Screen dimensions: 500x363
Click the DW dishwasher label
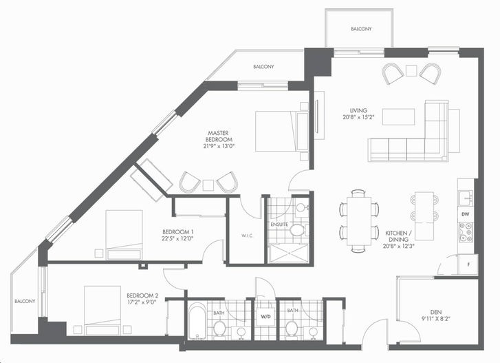coord(465,214)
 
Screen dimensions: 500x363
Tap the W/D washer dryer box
coord(265,317)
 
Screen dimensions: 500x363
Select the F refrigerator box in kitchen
coord(468,265)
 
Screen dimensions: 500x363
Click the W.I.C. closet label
coord(247,236)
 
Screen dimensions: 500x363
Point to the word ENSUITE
coord(279,225)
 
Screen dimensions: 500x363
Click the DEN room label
coord(435,312)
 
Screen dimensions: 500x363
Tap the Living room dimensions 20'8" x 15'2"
coord(358,117)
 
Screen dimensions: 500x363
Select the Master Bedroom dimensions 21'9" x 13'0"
coord(219,147)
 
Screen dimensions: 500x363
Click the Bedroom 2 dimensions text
coord(142,302)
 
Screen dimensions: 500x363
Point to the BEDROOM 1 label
coord(178,232)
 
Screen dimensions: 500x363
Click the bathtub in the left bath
coord(197,321)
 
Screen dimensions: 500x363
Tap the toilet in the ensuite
coord(298,229)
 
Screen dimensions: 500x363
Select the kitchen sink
coord(466,198)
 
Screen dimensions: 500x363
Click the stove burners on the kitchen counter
coord(466,232)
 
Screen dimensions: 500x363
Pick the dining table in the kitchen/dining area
coord(359,221)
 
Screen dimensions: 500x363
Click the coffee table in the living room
coord(399,116)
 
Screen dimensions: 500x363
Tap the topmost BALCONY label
coord(361,29)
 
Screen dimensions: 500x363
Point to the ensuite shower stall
coord(289,253)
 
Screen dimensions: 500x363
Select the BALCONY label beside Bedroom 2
coord(25,301)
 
